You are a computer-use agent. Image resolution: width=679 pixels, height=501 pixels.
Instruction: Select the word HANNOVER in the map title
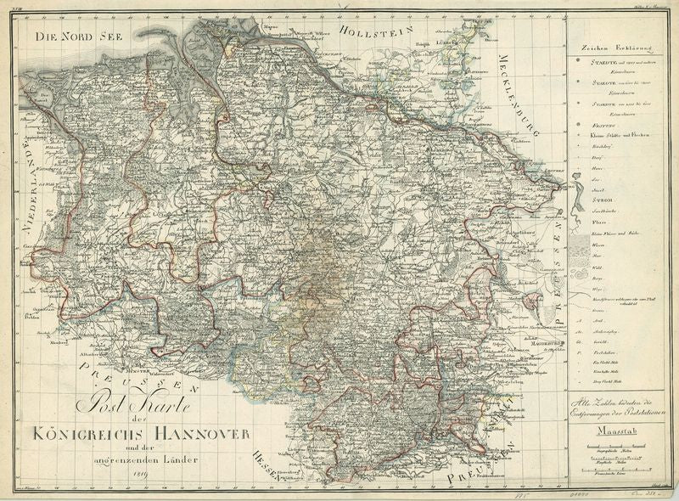point(201,434)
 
